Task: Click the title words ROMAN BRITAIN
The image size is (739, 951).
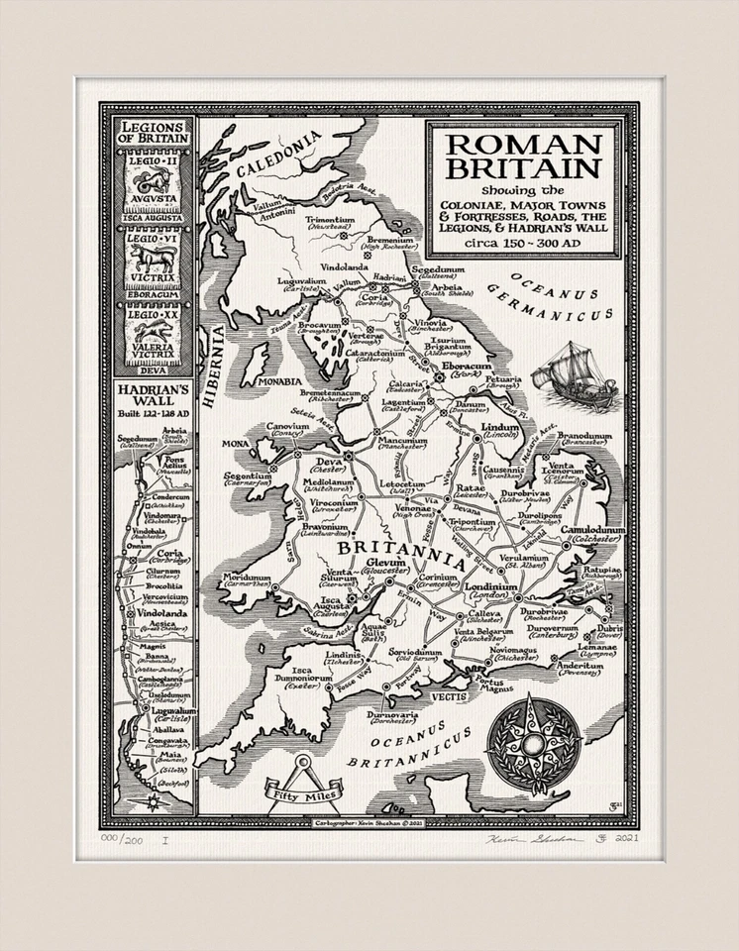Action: pyautogui.click(x=524, y=156)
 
